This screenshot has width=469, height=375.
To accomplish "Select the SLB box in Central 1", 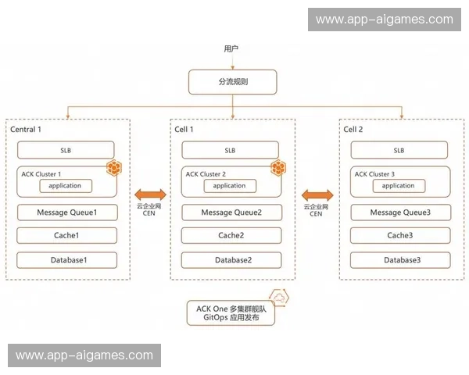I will pos(66,149).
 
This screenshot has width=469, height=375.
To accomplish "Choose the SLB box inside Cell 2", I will pos(399,149).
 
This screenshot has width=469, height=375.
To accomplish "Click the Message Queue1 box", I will pos(66,212).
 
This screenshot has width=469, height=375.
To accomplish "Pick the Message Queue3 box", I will pos(399,212).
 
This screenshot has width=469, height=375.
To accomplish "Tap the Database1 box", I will pos(66,260).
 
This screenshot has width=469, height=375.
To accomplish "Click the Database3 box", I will pos(399,260).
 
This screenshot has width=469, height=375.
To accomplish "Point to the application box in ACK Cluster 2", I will pos(230,186).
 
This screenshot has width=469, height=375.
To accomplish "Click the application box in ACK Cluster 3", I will pos(398,186).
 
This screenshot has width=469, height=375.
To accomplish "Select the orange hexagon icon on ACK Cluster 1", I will pos(114,167).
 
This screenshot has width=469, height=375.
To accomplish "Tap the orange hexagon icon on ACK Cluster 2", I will pos(277,167).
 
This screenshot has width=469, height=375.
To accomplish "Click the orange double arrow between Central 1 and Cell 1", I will pos(149,194).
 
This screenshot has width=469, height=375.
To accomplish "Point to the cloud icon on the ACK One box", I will pos(277,296).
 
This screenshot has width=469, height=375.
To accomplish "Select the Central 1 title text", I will pos(26,128).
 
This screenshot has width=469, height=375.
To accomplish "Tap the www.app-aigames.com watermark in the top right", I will pos(384,20).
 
